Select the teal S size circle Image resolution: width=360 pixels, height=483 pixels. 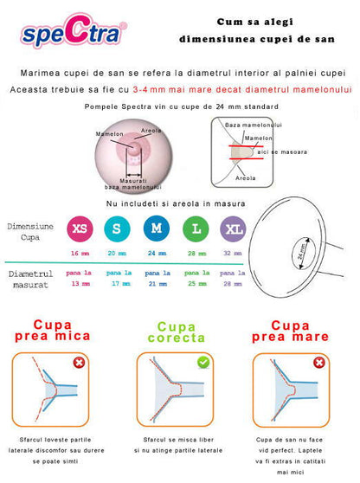click(116, 229)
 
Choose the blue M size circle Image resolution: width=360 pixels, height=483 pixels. click(155, 229)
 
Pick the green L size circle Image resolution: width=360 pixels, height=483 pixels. click(196, 229)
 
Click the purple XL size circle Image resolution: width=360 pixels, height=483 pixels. click(233, 229)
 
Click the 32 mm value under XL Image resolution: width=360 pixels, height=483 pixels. click(233, 253)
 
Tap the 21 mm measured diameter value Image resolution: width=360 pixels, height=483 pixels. click(155, 283)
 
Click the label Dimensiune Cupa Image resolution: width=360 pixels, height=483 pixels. click(31, 229)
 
